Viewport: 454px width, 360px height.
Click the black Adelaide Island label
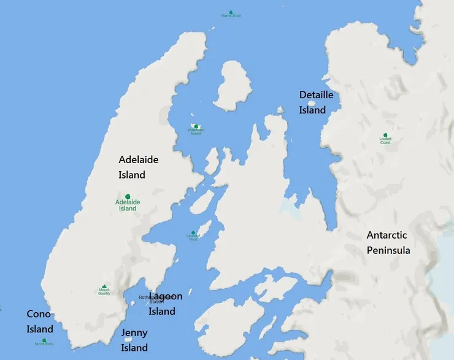(138, 167)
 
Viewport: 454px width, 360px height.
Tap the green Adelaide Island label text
(128, 205)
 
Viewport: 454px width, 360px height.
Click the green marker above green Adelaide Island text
(128, 196)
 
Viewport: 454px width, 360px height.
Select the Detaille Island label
(316, 102)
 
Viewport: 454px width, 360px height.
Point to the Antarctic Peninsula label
(388, 242)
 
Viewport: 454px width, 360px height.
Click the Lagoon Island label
(165, 304)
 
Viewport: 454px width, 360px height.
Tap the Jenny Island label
(134, 340)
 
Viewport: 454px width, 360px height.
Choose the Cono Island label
(40, 321)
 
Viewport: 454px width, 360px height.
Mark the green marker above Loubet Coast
(385, 134)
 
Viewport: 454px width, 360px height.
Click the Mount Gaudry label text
(104, 293)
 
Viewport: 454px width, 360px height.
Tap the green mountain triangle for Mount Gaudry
(104, 286)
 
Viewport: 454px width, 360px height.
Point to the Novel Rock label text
(44, 344)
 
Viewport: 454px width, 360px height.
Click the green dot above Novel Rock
(44, 340)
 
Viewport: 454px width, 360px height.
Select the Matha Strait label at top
(231, 16)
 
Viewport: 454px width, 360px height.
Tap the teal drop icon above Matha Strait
(231, 11)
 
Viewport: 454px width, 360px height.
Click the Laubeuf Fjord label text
(193, 238)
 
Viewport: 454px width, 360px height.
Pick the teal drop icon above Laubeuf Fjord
(193, 233)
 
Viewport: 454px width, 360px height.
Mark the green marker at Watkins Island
(196, 126)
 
